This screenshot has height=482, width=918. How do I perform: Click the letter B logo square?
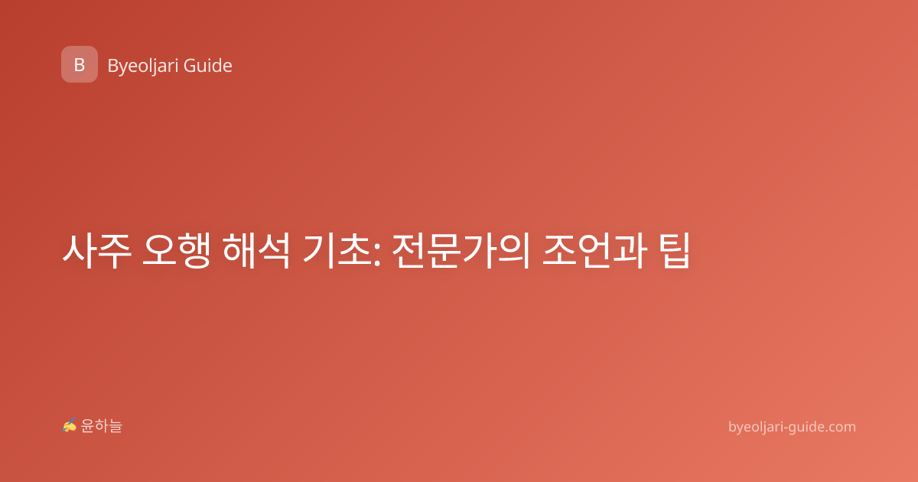pos(80,64)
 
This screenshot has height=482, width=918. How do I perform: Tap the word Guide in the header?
pos(208,66)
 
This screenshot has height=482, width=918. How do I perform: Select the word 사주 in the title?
pos(96,251)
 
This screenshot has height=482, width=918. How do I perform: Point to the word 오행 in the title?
pos(176,251)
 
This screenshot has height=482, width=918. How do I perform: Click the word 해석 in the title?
pos(256,251)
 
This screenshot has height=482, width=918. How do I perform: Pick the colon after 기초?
pos(377,255)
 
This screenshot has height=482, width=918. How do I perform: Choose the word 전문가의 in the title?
pos(461,251)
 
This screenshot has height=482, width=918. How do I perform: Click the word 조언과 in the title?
pos(594,251)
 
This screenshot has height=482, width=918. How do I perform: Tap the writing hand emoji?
pos(70,425)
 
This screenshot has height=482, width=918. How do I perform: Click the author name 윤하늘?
pos(101,426)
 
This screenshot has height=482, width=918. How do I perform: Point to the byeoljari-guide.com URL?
pos(792,427)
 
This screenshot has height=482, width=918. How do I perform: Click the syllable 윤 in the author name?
pos(87,426)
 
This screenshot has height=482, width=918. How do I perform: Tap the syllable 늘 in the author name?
pos(116,426)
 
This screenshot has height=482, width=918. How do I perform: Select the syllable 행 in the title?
pos(194,251)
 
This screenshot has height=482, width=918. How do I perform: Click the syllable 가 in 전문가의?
pos(478,251)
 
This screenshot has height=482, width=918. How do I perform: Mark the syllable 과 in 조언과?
pos(630,251)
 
